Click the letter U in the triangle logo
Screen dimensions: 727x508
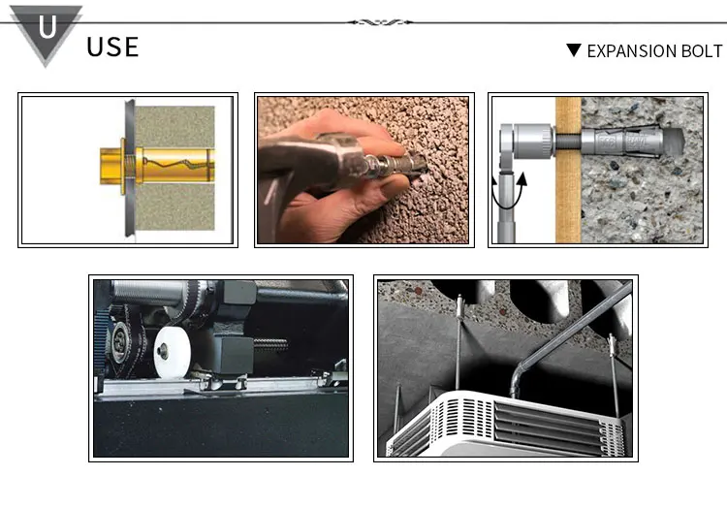(x=47, y=27)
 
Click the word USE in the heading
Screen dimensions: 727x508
(x=112, y=48)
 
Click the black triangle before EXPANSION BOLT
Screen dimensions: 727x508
(x=574, y=49)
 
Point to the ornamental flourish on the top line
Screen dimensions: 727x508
(x=380, y=21)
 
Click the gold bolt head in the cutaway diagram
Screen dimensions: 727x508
(x=111, y=166)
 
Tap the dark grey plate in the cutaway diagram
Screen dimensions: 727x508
(x=129, y=168)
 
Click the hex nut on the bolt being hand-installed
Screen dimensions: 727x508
(x=372, y=166)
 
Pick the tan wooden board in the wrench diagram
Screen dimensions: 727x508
(x=568, y=170)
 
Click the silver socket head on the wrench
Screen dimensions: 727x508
(x=527, y=141)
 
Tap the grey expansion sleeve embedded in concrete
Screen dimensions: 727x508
(x=627, y=141)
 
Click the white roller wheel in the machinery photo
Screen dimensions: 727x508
(x=172, y=352)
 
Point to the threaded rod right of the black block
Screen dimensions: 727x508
(x=270, y=345)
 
